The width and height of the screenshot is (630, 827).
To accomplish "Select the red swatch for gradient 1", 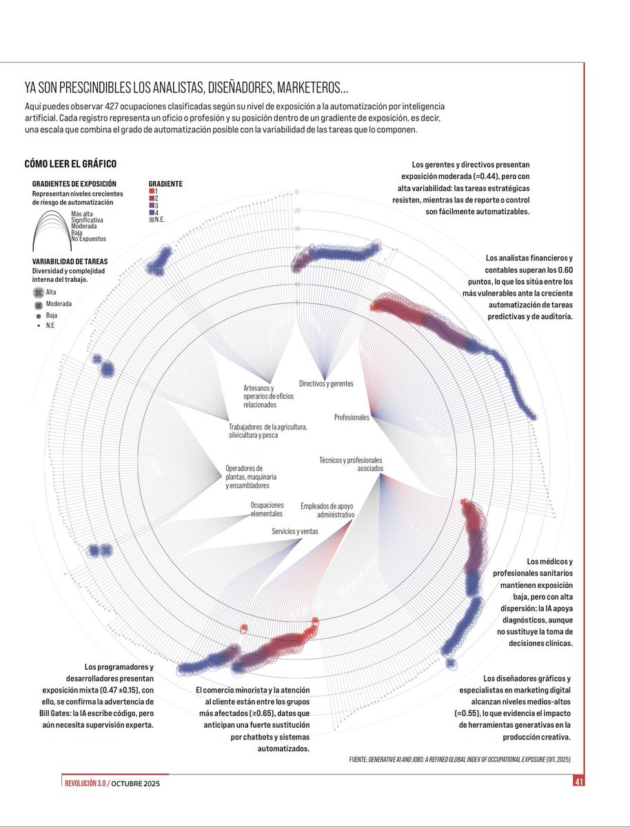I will point(152,192).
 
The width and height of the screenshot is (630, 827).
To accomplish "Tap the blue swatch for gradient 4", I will point(152,212).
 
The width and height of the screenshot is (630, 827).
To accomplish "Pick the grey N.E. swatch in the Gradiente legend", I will point(152,219).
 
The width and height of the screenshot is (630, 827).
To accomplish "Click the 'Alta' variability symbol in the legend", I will point(38,292).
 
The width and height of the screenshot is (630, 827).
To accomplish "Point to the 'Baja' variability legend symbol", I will point(38,314).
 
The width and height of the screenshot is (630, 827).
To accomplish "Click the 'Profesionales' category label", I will point(352,418).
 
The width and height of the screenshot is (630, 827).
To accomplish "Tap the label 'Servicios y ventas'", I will point(295,531).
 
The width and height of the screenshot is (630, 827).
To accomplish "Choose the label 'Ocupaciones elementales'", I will point(267,510).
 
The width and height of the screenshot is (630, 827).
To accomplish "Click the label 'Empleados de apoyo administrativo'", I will point(327,511).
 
